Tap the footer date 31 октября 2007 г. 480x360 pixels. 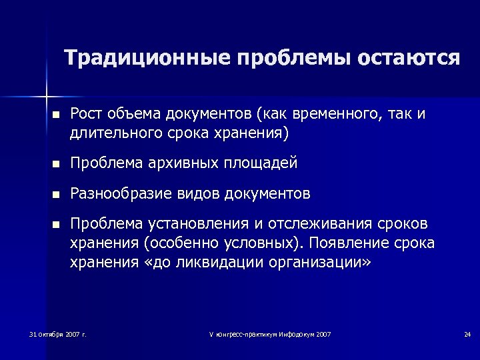click(x=58, y=333)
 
